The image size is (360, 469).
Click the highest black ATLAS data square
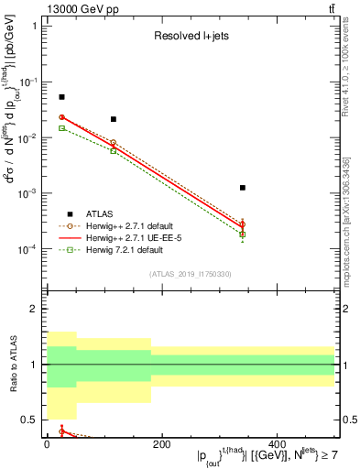61,97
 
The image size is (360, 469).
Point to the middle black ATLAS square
113,119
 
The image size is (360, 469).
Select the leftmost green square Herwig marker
61,128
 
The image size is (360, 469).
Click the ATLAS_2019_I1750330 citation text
190,274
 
